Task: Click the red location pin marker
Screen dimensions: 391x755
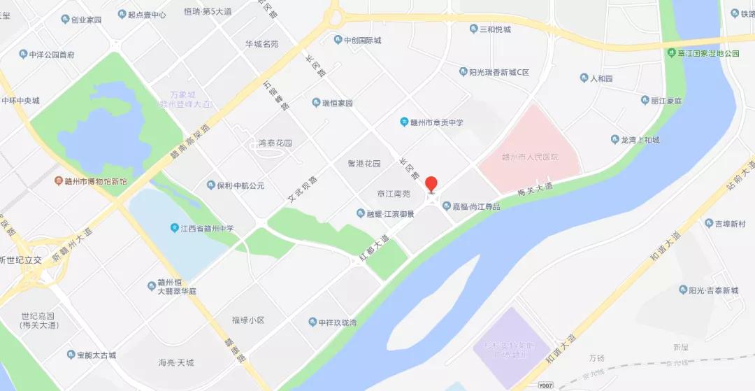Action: coord(431,185)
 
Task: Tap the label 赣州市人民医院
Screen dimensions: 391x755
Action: coord(531,157)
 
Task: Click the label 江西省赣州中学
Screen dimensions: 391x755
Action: coord(216,228)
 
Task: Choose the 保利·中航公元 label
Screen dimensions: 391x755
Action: coord(240,186)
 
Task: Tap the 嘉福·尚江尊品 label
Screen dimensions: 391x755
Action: coord(476,206)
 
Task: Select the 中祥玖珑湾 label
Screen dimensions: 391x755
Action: coord(338,322)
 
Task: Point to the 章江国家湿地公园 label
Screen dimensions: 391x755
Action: coord(707,53)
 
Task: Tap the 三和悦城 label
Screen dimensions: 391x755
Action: coord(494,29)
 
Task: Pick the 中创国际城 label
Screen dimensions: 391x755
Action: coord(362,41)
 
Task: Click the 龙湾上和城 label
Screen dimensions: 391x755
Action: coord(640,140)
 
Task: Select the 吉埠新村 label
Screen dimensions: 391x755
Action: coord(729,224)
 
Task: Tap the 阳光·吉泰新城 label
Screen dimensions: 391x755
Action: coord(713,290)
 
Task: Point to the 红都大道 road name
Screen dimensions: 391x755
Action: coord(374,248)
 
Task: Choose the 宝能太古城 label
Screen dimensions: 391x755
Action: coord(96,355)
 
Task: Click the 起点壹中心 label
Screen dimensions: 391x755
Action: coord(146,15)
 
